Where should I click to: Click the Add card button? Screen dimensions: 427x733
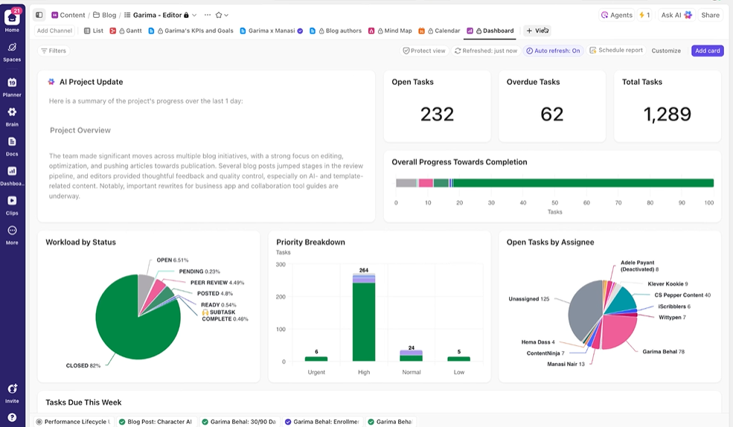tap(707, 51)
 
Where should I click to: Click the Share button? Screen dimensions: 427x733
tap(710, 15)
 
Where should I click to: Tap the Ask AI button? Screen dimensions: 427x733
tap(676, 15)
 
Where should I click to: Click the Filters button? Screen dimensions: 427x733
tap(53, 51)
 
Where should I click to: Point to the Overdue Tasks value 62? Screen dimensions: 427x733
tap(551, 114)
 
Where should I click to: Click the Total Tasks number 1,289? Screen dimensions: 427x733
tap(667, 114)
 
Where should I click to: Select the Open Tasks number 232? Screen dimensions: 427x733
tap(437, 114)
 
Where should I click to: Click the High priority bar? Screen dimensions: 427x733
tap(364, 320)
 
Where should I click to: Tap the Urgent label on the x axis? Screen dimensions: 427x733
tap(316, 371)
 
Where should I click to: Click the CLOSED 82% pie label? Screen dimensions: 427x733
tap(83, 366)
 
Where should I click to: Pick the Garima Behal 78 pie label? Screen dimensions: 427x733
tap(663, 351)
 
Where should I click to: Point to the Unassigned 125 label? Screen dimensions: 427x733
tap(528, 299)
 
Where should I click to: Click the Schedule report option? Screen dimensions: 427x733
tap(615, 51)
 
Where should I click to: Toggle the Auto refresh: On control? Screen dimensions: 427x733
tap(552, 51)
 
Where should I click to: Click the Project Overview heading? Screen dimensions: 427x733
tap(80, 130)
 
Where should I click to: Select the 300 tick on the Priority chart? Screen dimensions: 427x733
tap(281, 264)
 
